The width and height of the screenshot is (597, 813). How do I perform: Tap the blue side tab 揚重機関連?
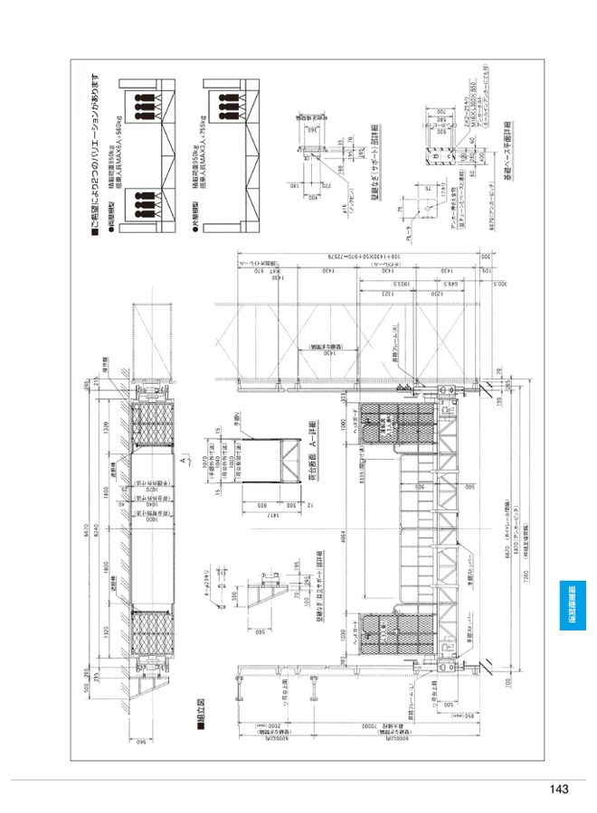pos(572,611)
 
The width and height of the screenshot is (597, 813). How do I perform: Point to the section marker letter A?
pos(184,460)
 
